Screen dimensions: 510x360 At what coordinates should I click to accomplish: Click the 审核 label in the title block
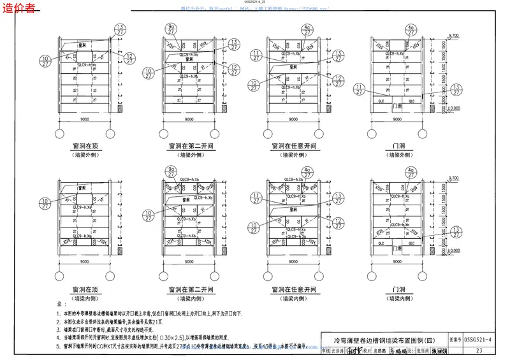pyautogui.click(x=326, y=350)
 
